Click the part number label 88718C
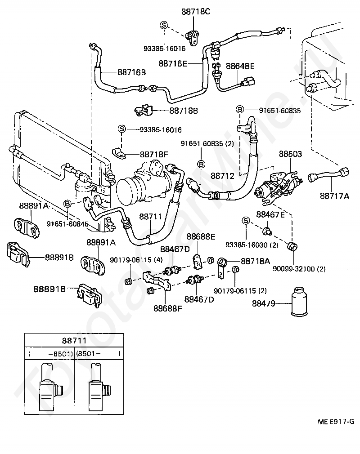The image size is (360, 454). [196, 12]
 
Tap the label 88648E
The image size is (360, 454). [240, 67]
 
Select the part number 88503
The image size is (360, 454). [290, 154]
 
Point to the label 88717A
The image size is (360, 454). [334, 196]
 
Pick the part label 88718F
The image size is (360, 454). [154, 154]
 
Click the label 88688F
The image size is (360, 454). [168, 309]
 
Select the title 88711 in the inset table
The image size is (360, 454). [74, 341]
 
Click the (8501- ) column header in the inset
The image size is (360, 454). [98, 353]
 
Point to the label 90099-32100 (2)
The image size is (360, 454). [299, 269]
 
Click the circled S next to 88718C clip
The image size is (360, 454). [164, 25]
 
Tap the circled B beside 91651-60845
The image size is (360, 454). [67, 204]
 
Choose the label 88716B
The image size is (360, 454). [131, 72]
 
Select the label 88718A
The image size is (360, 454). [255, 261]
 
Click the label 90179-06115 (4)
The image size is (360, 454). [136, 260]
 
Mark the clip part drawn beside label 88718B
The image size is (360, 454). [144, 111]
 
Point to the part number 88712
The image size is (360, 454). [222, 176]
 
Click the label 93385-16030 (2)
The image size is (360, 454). [252, 245]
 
